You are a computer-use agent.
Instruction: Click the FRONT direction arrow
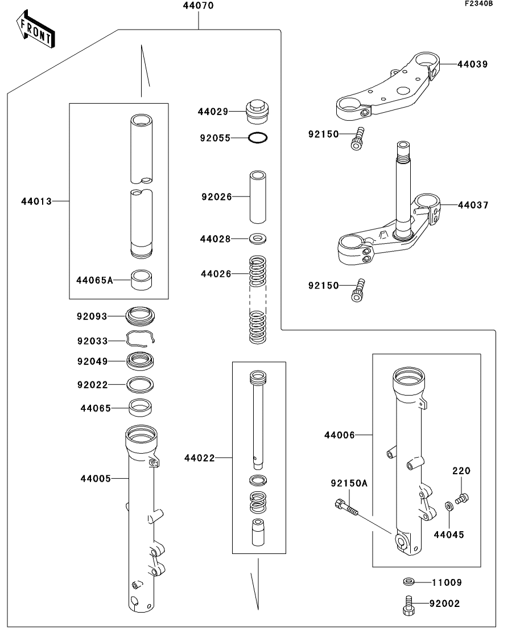pos(36,32)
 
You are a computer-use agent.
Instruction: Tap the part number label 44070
pos(199,7)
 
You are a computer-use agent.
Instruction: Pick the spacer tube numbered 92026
pos(259,197)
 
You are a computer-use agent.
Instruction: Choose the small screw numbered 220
pos(462,498)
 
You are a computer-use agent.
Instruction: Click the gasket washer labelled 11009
pos(407,582)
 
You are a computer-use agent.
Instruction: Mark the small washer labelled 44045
pos(449,505)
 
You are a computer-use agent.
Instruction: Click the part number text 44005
pos(95,478)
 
